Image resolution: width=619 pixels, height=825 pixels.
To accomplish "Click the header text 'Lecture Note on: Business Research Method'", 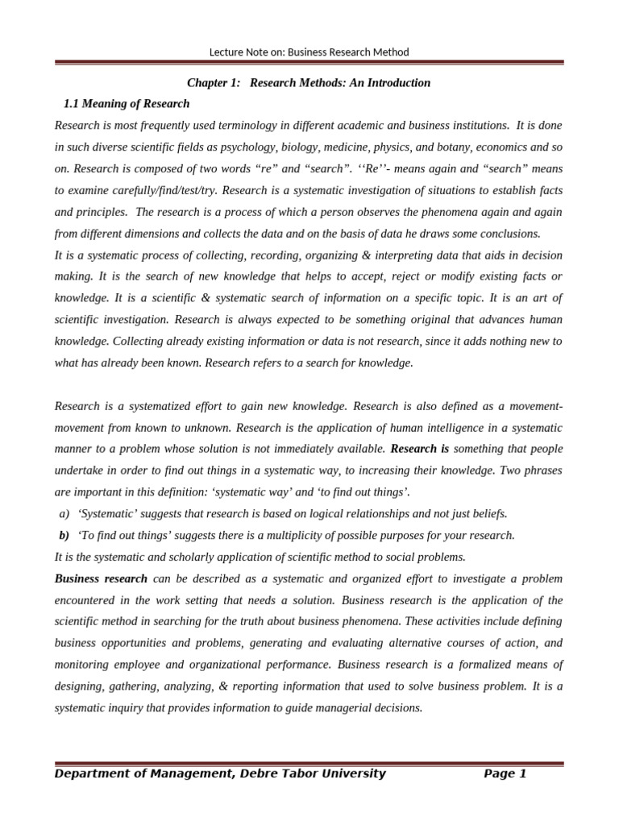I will coord(309,52).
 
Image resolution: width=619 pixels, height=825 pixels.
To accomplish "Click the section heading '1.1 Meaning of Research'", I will coord(127,104).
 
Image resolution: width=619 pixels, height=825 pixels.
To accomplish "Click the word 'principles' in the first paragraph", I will coord(96,212).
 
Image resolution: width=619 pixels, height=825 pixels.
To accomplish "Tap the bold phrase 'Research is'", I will coord(420,449).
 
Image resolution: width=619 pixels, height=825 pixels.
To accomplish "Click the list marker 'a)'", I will coord(64,514).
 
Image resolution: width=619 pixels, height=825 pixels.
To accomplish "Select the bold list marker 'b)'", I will coord(64,536).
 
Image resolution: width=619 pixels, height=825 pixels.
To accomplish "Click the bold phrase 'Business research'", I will coord(101,579).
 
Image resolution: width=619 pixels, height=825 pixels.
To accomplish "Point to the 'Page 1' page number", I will coord(505,774).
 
